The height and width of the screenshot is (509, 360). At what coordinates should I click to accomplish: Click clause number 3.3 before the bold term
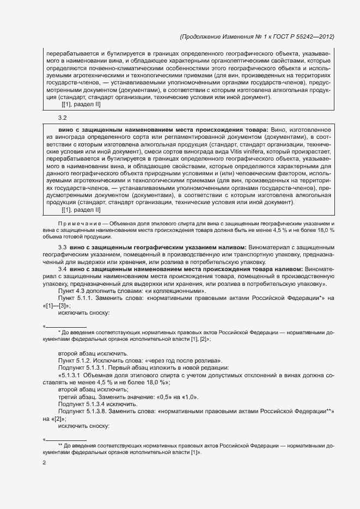coord(62,247)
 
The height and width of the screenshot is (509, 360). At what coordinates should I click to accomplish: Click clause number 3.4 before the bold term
coord(62,269)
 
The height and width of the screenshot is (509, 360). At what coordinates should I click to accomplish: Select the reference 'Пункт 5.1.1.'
coord(75,298)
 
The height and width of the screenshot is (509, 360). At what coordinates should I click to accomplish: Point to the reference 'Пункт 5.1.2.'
coord(75,360)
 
